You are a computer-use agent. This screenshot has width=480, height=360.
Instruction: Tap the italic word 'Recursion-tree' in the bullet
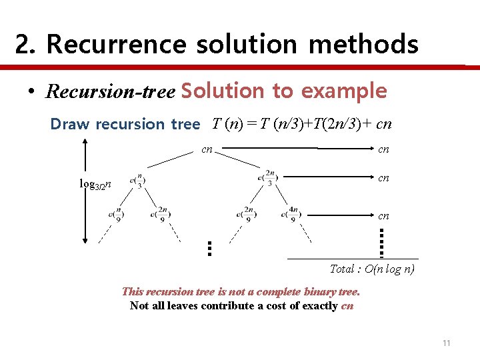[110, 91]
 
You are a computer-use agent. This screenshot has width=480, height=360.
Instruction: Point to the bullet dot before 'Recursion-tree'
[31, 92]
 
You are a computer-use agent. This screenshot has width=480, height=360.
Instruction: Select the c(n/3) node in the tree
[137, 180]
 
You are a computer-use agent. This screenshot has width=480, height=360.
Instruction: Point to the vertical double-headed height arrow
[85, 190]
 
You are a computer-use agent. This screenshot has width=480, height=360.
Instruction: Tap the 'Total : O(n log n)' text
[372, 269]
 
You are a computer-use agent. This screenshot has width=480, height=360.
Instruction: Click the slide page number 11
[446, 343]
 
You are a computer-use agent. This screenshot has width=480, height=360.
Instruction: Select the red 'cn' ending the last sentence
[347, 306]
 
